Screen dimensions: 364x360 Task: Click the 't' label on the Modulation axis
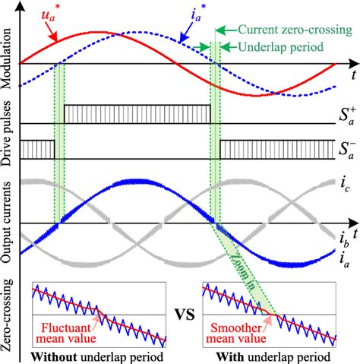pos(353,76)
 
